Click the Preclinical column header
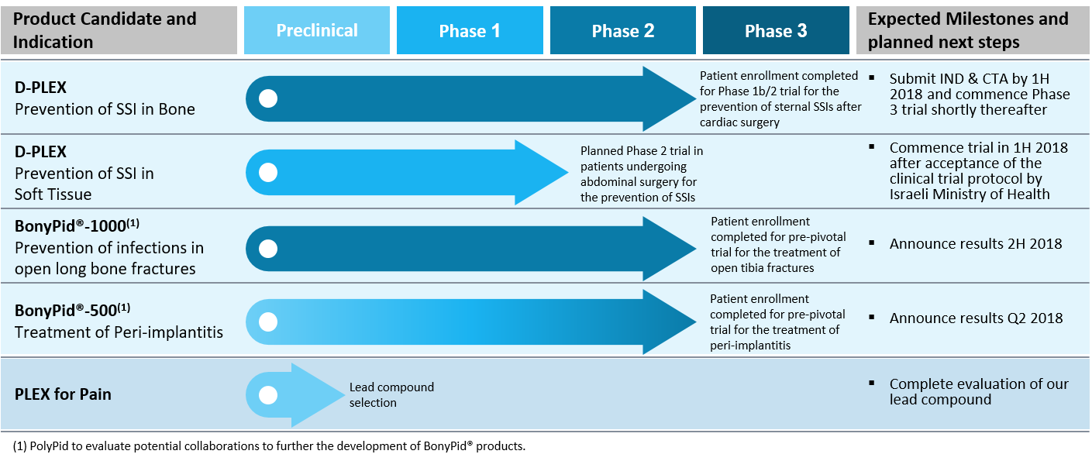317,30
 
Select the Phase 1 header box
470,30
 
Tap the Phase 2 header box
622,30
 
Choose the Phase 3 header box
776,30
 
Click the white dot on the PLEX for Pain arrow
268,395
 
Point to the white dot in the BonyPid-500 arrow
268,322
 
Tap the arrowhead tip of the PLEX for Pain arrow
345,394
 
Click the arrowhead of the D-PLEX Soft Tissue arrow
542,172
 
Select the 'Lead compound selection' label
391,394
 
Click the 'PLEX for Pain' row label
63,394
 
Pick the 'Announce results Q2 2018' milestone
976,318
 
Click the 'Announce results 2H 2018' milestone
976,243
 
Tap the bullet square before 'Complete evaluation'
872,383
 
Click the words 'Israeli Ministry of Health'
970,194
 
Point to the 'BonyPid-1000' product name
77,225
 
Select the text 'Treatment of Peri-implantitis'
119,332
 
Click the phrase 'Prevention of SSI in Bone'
105,109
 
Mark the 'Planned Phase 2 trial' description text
642,174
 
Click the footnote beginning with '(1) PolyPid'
269,446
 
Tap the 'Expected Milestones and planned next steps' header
968,30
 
